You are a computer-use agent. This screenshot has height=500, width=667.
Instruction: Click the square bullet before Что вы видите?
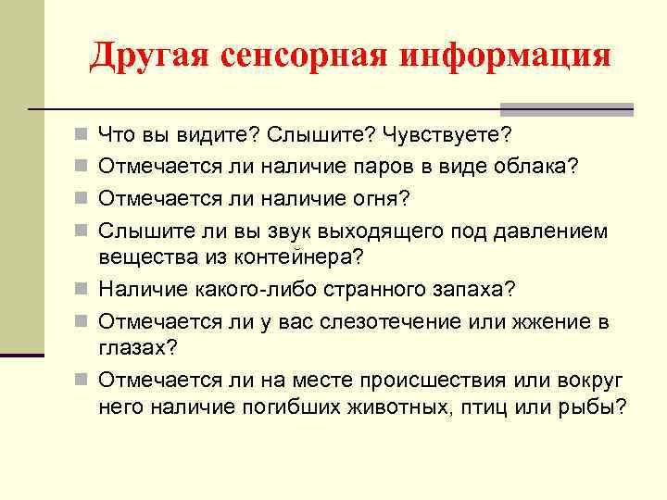82,137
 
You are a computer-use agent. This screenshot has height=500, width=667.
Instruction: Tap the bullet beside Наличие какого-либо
82,289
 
